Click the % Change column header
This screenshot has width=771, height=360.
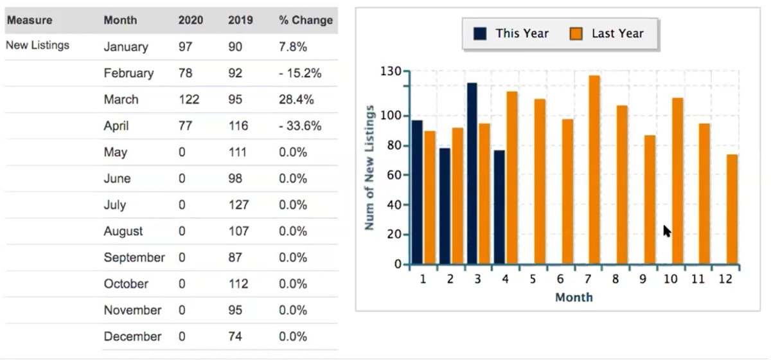pos(305,20)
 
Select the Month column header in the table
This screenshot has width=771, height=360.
pos(120,20)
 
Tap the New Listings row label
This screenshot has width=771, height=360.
pos(37,46)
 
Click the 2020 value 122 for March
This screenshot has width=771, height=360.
pos(188,100)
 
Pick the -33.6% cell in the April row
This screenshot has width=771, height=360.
pos(300,126)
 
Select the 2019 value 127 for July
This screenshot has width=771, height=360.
pos(238,205)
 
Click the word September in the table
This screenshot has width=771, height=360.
pos(134,258)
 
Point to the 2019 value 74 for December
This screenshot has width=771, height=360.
pos(235,337)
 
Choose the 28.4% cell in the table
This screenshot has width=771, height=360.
pos(296,100)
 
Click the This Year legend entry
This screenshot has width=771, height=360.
pos(512,33)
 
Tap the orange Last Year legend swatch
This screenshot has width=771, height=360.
pos(576,33)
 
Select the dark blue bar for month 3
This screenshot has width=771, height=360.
pos(472,174)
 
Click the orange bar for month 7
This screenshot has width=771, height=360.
pos(594,170)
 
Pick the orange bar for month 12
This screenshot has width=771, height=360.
pos(732,209)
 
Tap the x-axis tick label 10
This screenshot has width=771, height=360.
pos(670,279)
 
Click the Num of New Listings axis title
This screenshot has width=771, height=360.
pos(369,174)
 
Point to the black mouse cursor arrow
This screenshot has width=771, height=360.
pos(666,230)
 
